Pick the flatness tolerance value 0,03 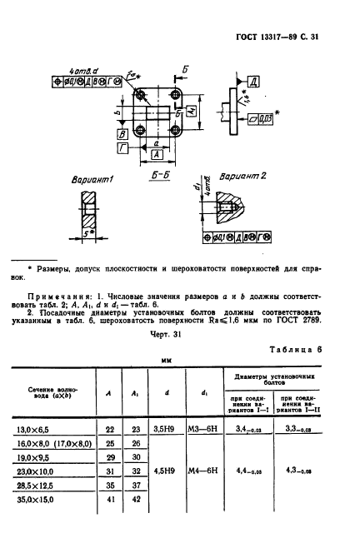coord(261,120)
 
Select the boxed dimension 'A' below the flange coord(156,155)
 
